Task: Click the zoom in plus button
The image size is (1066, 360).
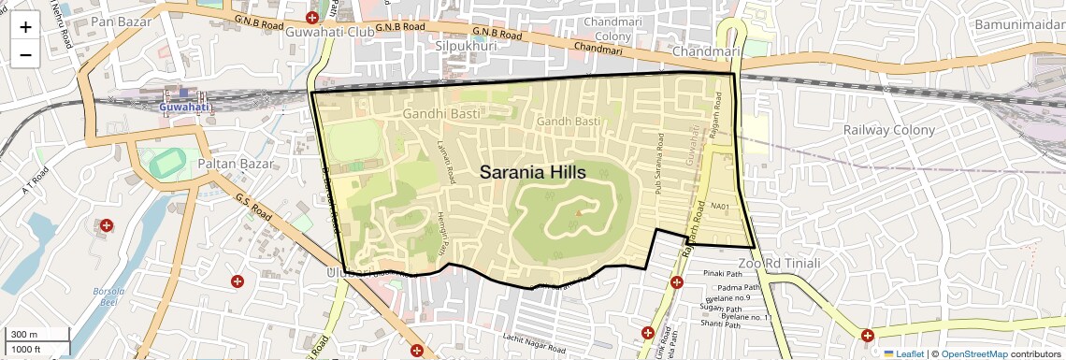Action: (25, 26)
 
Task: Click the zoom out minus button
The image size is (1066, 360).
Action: (25, 54)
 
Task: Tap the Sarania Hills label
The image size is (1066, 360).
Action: (532, 173)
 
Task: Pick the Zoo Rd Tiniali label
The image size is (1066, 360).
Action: (778, 264)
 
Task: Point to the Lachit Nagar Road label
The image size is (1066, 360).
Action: (536, 338)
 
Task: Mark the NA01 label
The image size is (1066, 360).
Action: (719, 205)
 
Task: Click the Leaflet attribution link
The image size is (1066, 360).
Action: (905, 353)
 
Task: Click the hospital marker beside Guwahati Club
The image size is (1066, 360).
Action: (312, 18)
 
